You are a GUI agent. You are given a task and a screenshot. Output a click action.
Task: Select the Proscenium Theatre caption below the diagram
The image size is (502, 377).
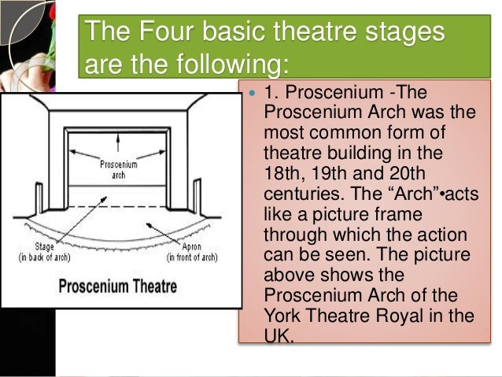pyautogui.click(x=120, y=284)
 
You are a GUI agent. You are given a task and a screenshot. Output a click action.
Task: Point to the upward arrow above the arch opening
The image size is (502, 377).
pyautogui.click(x=117, y=139)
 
